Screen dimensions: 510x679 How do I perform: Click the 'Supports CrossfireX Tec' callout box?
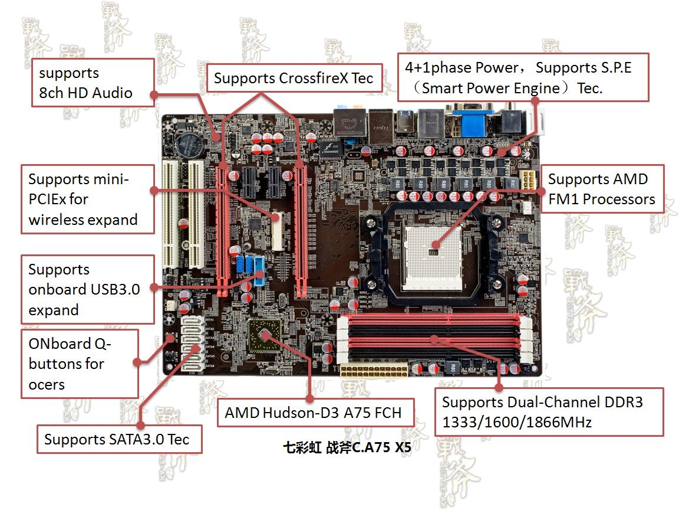pos(294,79)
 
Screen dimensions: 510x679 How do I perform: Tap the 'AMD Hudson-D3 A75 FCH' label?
pos(313,413)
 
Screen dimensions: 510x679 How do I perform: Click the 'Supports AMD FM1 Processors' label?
pos(601,189)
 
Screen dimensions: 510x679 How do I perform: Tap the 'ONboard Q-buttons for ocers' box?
pos(80,364)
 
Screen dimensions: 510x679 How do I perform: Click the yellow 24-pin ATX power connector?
pos(373,372)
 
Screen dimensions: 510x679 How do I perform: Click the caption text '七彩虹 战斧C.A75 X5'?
pos(347,447)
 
